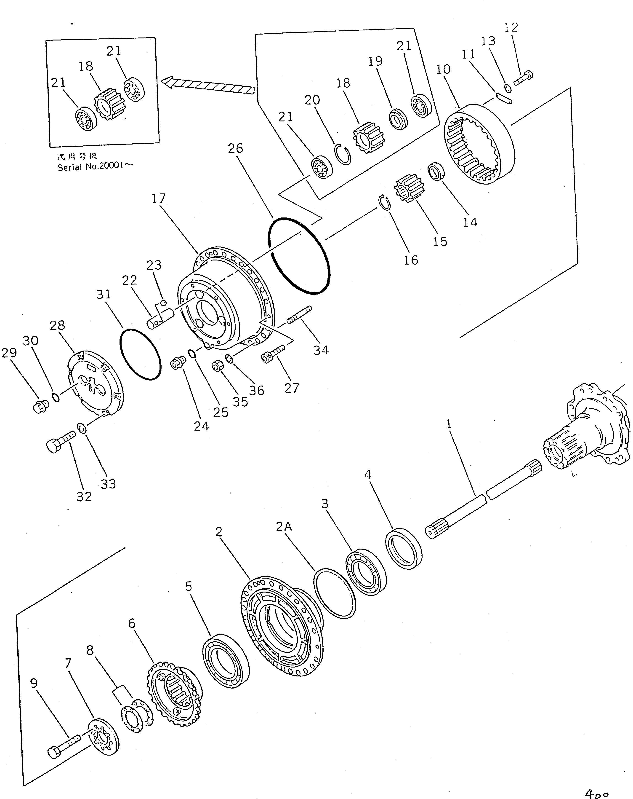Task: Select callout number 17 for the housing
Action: (159, 199)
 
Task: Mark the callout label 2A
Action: (284, 527)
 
